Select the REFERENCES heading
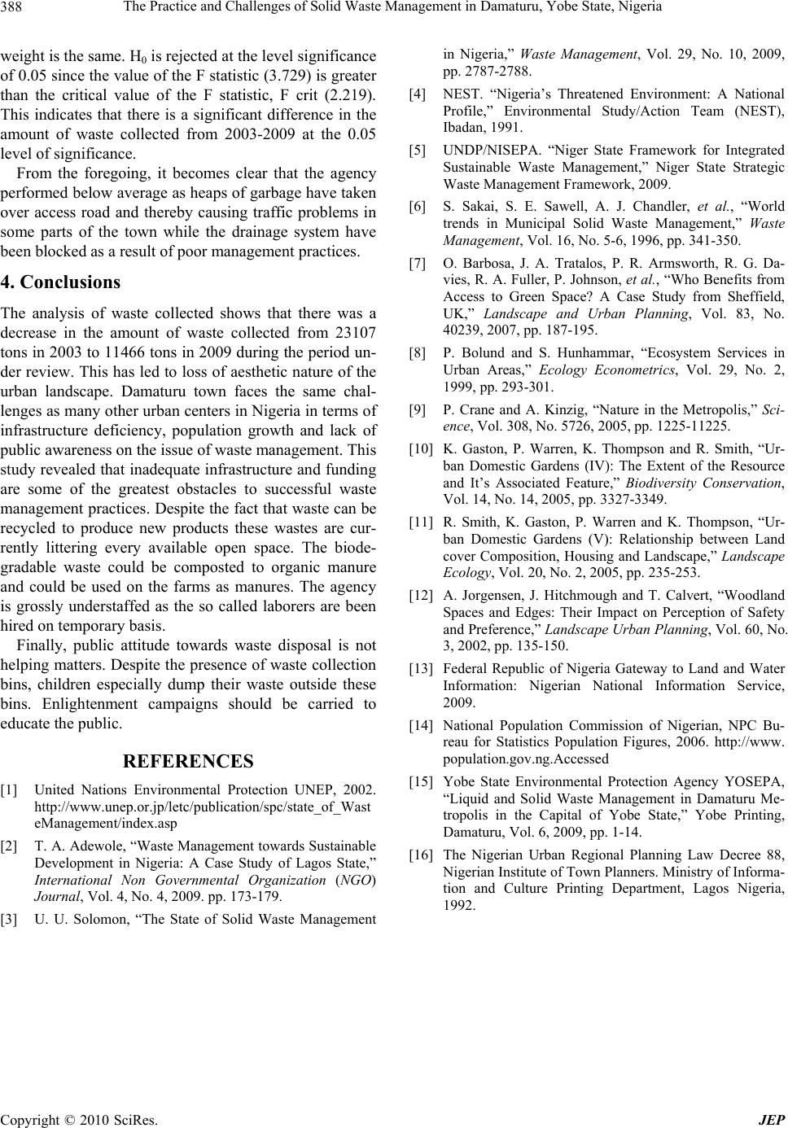pyautogui.click(x=188, y=761)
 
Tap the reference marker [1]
pyautogui.click(x=11, y=789)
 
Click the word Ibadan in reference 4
pyautogui.click(x=462, y=127)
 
